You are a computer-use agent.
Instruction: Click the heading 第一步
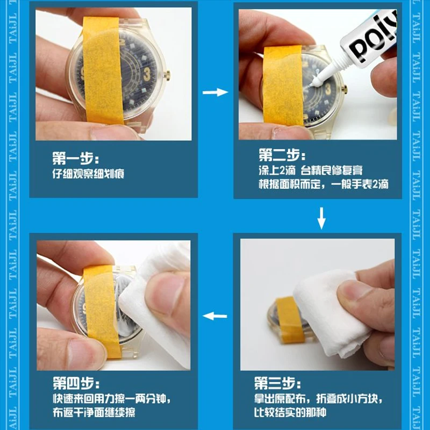75,158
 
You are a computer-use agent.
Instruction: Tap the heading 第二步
282,155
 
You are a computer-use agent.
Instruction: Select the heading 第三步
277,383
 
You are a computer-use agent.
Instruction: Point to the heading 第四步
76,383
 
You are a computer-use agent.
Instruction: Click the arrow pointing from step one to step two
216,92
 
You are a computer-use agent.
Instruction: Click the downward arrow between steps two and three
321,218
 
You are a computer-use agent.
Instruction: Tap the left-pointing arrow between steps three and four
214,316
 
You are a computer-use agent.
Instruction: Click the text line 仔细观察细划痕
88,174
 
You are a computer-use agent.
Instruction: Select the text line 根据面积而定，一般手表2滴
324,184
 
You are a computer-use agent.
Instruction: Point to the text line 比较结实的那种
290,412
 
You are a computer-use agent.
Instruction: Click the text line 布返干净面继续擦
94,412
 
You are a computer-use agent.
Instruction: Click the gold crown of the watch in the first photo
167,75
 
